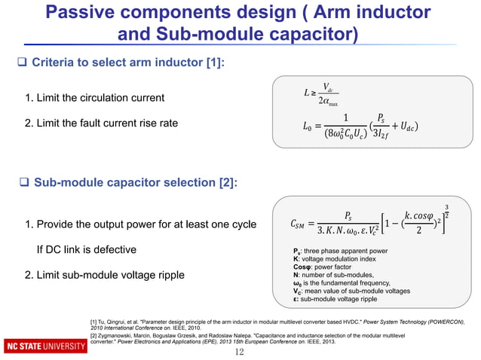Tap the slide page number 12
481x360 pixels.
(x=240, y=352)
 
